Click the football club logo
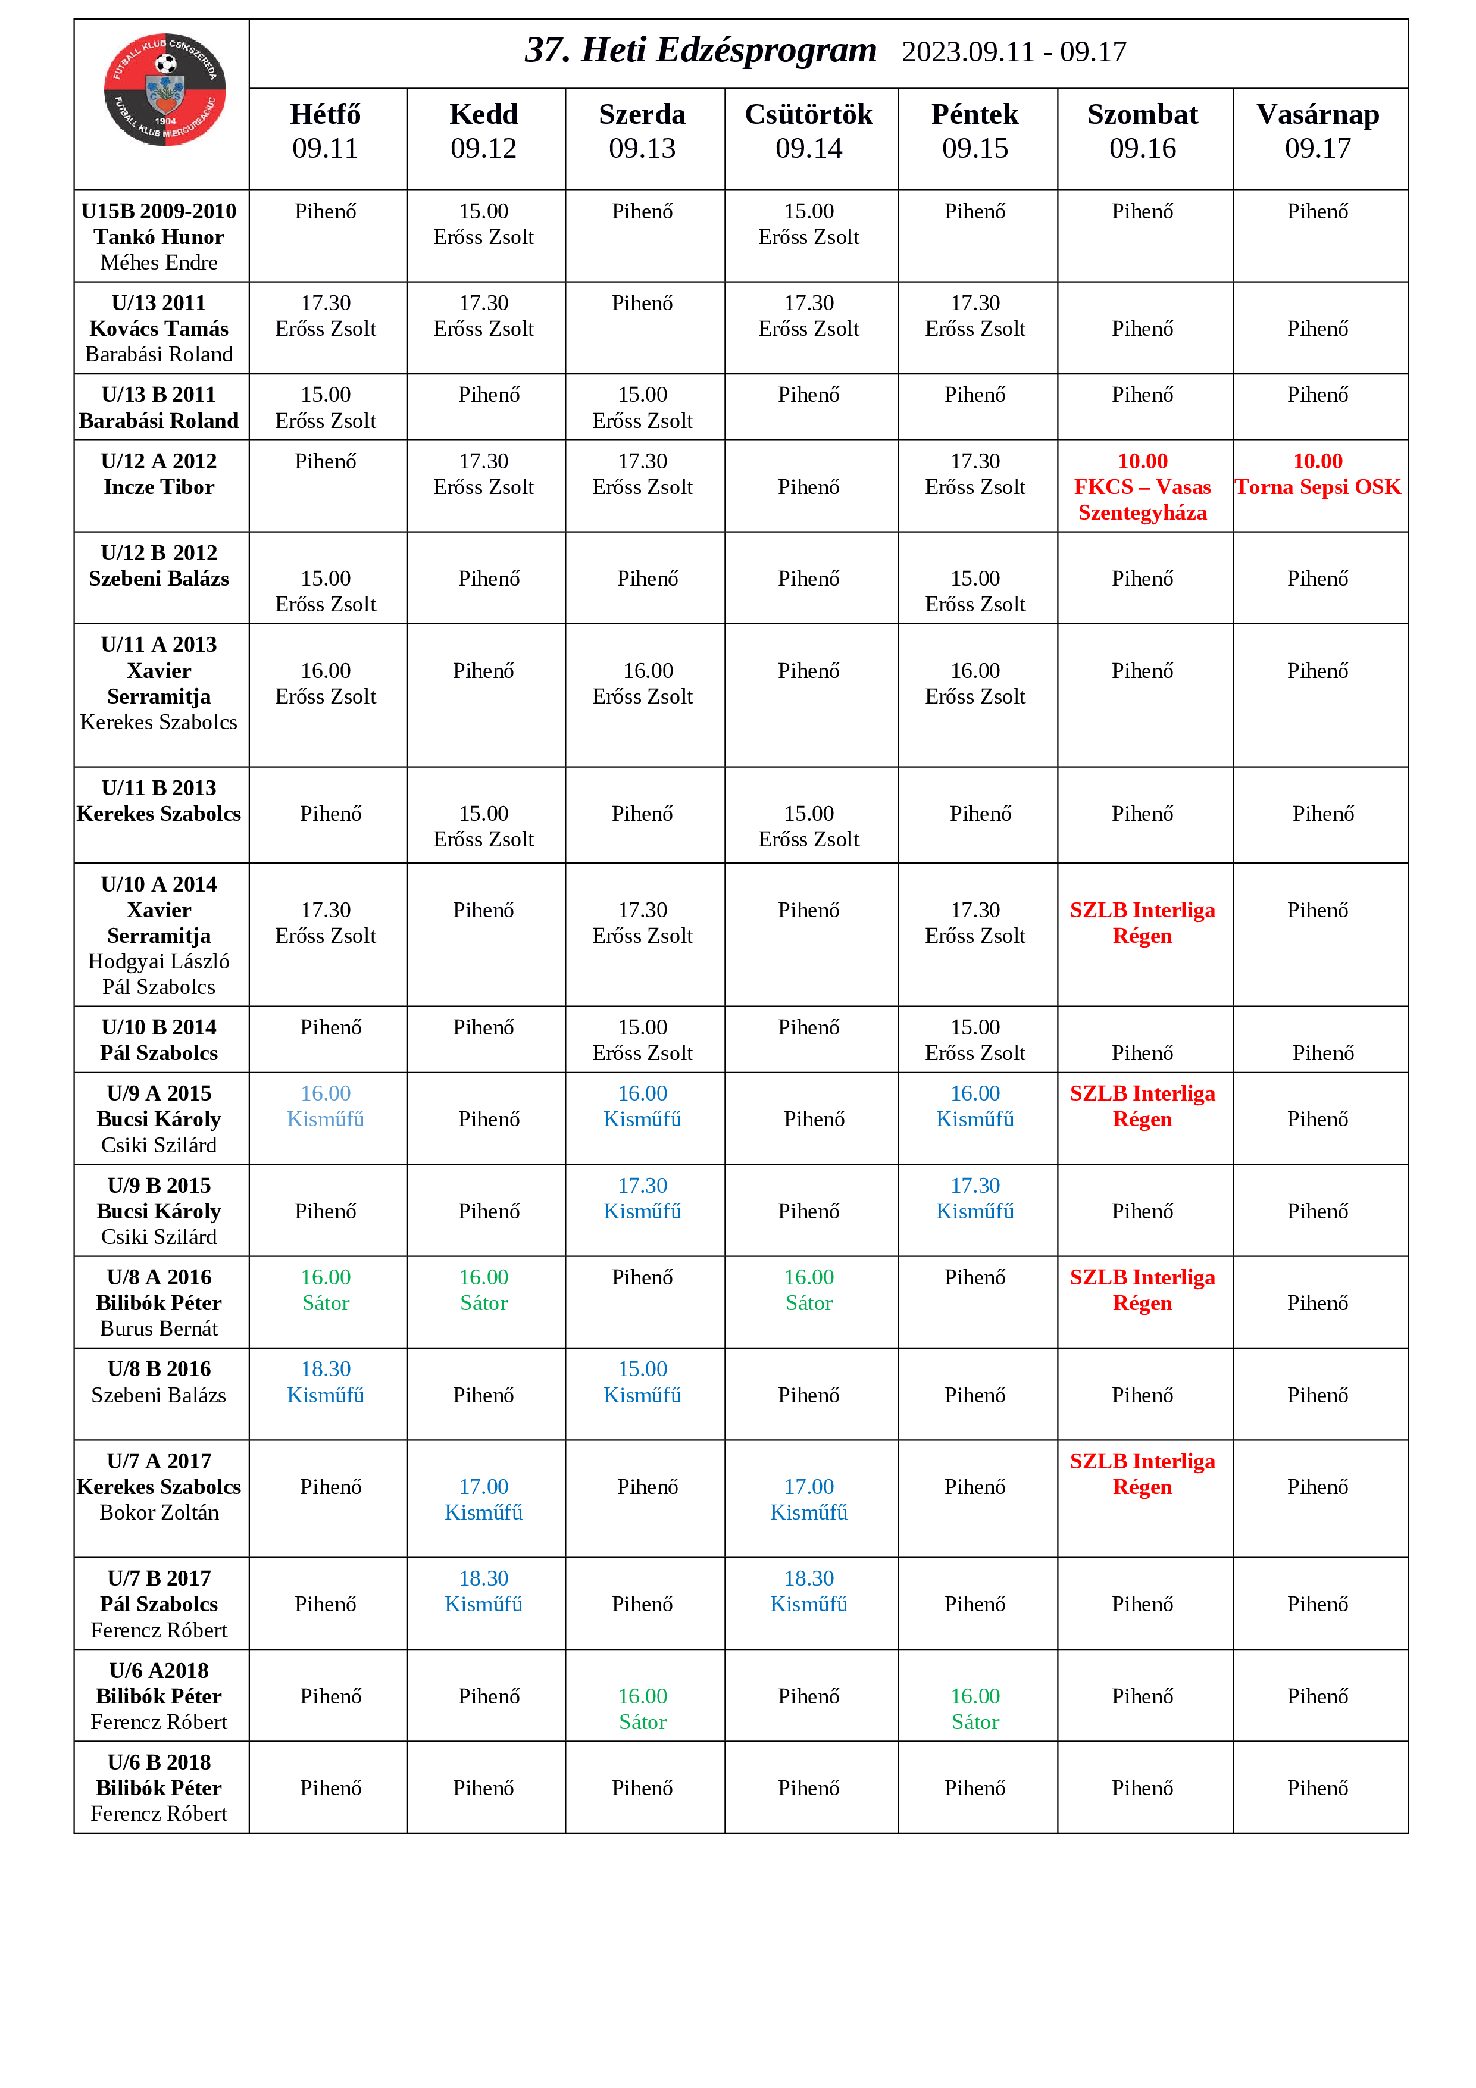(165, 89)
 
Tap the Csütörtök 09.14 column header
(808, 131)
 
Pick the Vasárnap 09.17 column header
(1317, 131)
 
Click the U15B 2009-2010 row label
(159, 211)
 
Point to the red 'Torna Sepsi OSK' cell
(1317, 475)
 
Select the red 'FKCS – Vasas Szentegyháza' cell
(1142, 487)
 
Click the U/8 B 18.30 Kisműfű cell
(326, 1381)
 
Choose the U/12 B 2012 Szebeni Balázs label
(159, 565)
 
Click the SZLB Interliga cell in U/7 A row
(1142, 1473)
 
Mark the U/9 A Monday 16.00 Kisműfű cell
(326, 1106)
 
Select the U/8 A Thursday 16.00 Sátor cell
(808, 1290)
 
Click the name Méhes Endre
(159, 263)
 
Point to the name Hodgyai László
(159, 961)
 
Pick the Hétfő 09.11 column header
(326, 131)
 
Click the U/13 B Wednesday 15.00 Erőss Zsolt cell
(642, 407)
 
